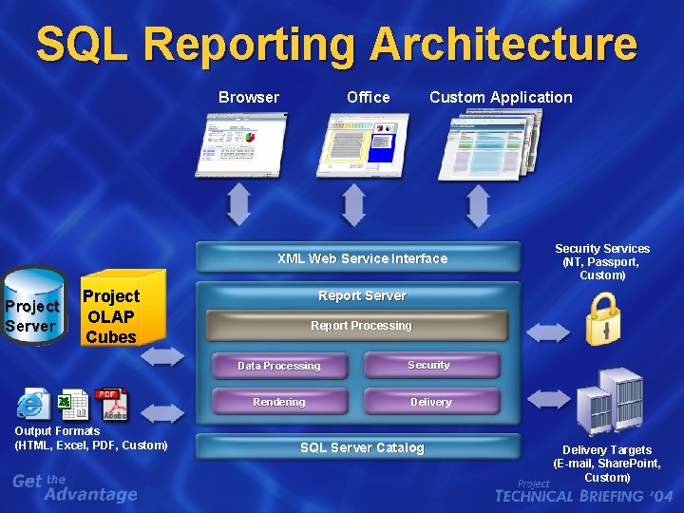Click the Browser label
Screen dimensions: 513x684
tap(249, 97)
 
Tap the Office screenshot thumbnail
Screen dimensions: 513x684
tap(368, 144)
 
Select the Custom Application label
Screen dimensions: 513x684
tap(501, 97)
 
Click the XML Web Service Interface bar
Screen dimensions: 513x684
tap(361, 257)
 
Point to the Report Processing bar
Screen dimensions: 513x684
tap(361, 326)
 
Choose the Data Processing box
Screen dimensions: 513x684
tap(278, 366)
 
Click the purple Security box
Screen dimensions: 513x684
tap(429, 365)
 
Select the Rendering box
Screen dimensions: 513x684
tap(278, 402)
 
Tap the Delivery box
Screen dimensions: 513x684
tap(430, 402)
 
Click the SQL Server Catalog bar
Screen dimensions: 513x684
tap(361, 447)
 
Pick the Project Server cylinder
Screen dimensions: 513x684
tap(32, 306)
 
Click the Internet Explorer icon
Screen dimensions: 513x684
tap(32, 406)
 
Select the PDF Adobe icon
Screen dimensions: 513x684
tap(110, 405)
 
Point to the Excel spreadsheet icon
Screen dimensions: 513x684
tap(72, 406)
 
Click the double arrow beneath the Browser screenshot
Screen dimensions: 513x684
tap(238, 203)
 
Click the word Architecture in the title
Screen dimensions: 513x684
tap(503, 45)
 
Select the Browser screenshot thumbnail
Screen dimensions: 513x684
tap(240, 144)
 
